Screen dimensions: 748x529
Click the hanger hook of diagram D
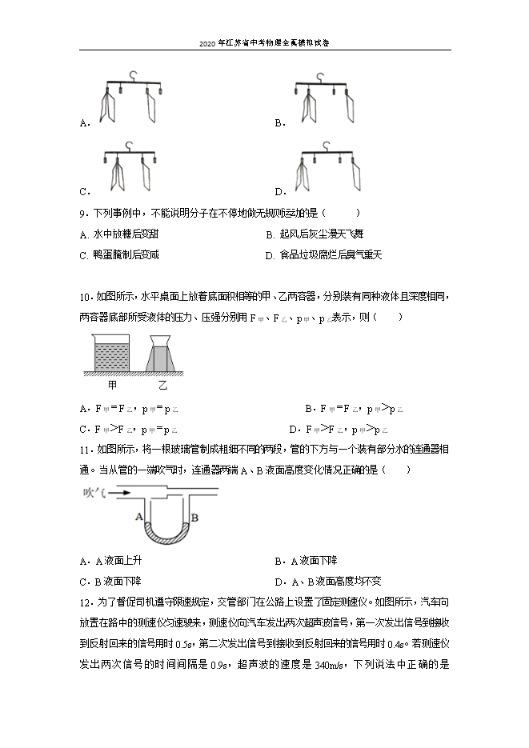coord(327,145)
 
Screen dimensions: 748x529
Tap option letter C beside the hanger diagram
coord(84,192)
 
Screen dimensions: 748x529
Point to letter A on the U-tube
coord(139,517)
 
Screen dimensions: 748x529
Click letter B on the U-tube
coord(194,518)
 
